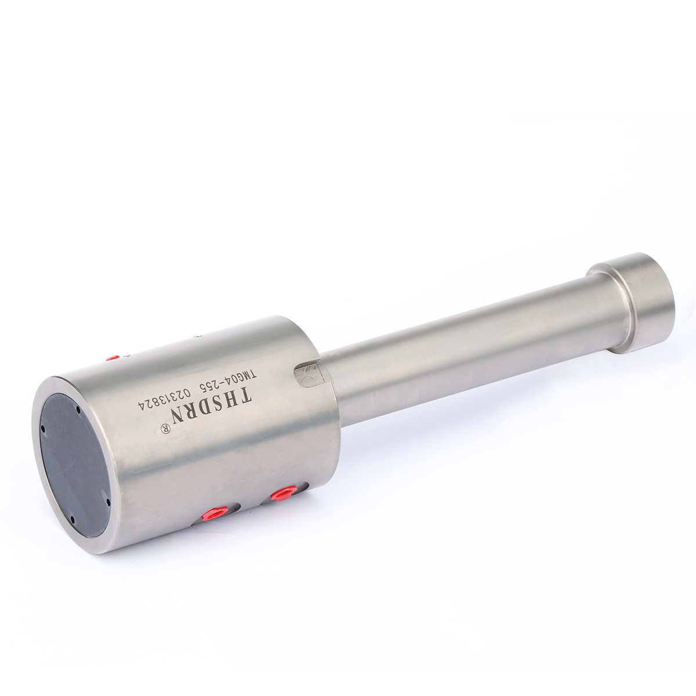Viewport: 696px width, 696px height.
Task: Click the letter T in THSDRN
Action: click(x=246, y=396)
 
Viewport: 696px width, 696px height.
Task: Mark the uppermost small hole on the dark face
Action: click(x=78, y=409)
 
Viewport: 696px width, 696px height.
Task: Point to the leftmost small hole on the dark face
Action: click(x=42, y=430)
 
